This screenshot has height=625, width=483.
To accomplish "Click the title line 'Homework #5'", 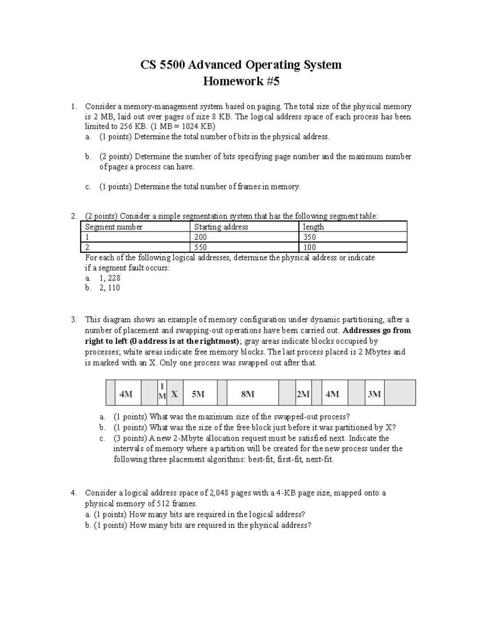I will [241, 81].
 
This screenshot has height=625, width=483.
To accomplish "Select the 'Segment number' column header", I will [114, 227].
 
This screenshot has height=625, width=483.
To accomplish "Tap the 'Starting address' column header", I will [221, 227].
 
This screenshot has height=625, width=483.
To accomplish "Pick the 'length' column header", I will [313, 227].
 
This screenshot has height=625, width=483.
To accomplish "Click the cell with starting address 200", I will [200, 237].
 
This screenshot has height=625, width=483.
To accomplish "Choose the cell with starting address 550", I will [200, 247].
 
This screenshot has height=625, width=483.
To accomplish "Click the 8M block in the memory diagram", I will [248, 394].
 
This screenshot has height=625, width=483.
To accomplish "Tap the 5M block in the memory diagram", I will [198, 394].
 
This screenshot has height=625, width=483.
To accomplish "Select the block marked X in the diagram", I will [174, 394].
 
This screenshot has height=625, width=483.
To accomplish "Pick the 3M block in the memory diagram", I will [374, 394].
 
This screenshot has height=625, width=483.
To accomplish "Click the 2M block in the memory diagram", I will [303, 394].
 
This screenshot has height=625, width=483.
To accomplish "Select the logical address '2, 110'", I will [109, 288].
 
